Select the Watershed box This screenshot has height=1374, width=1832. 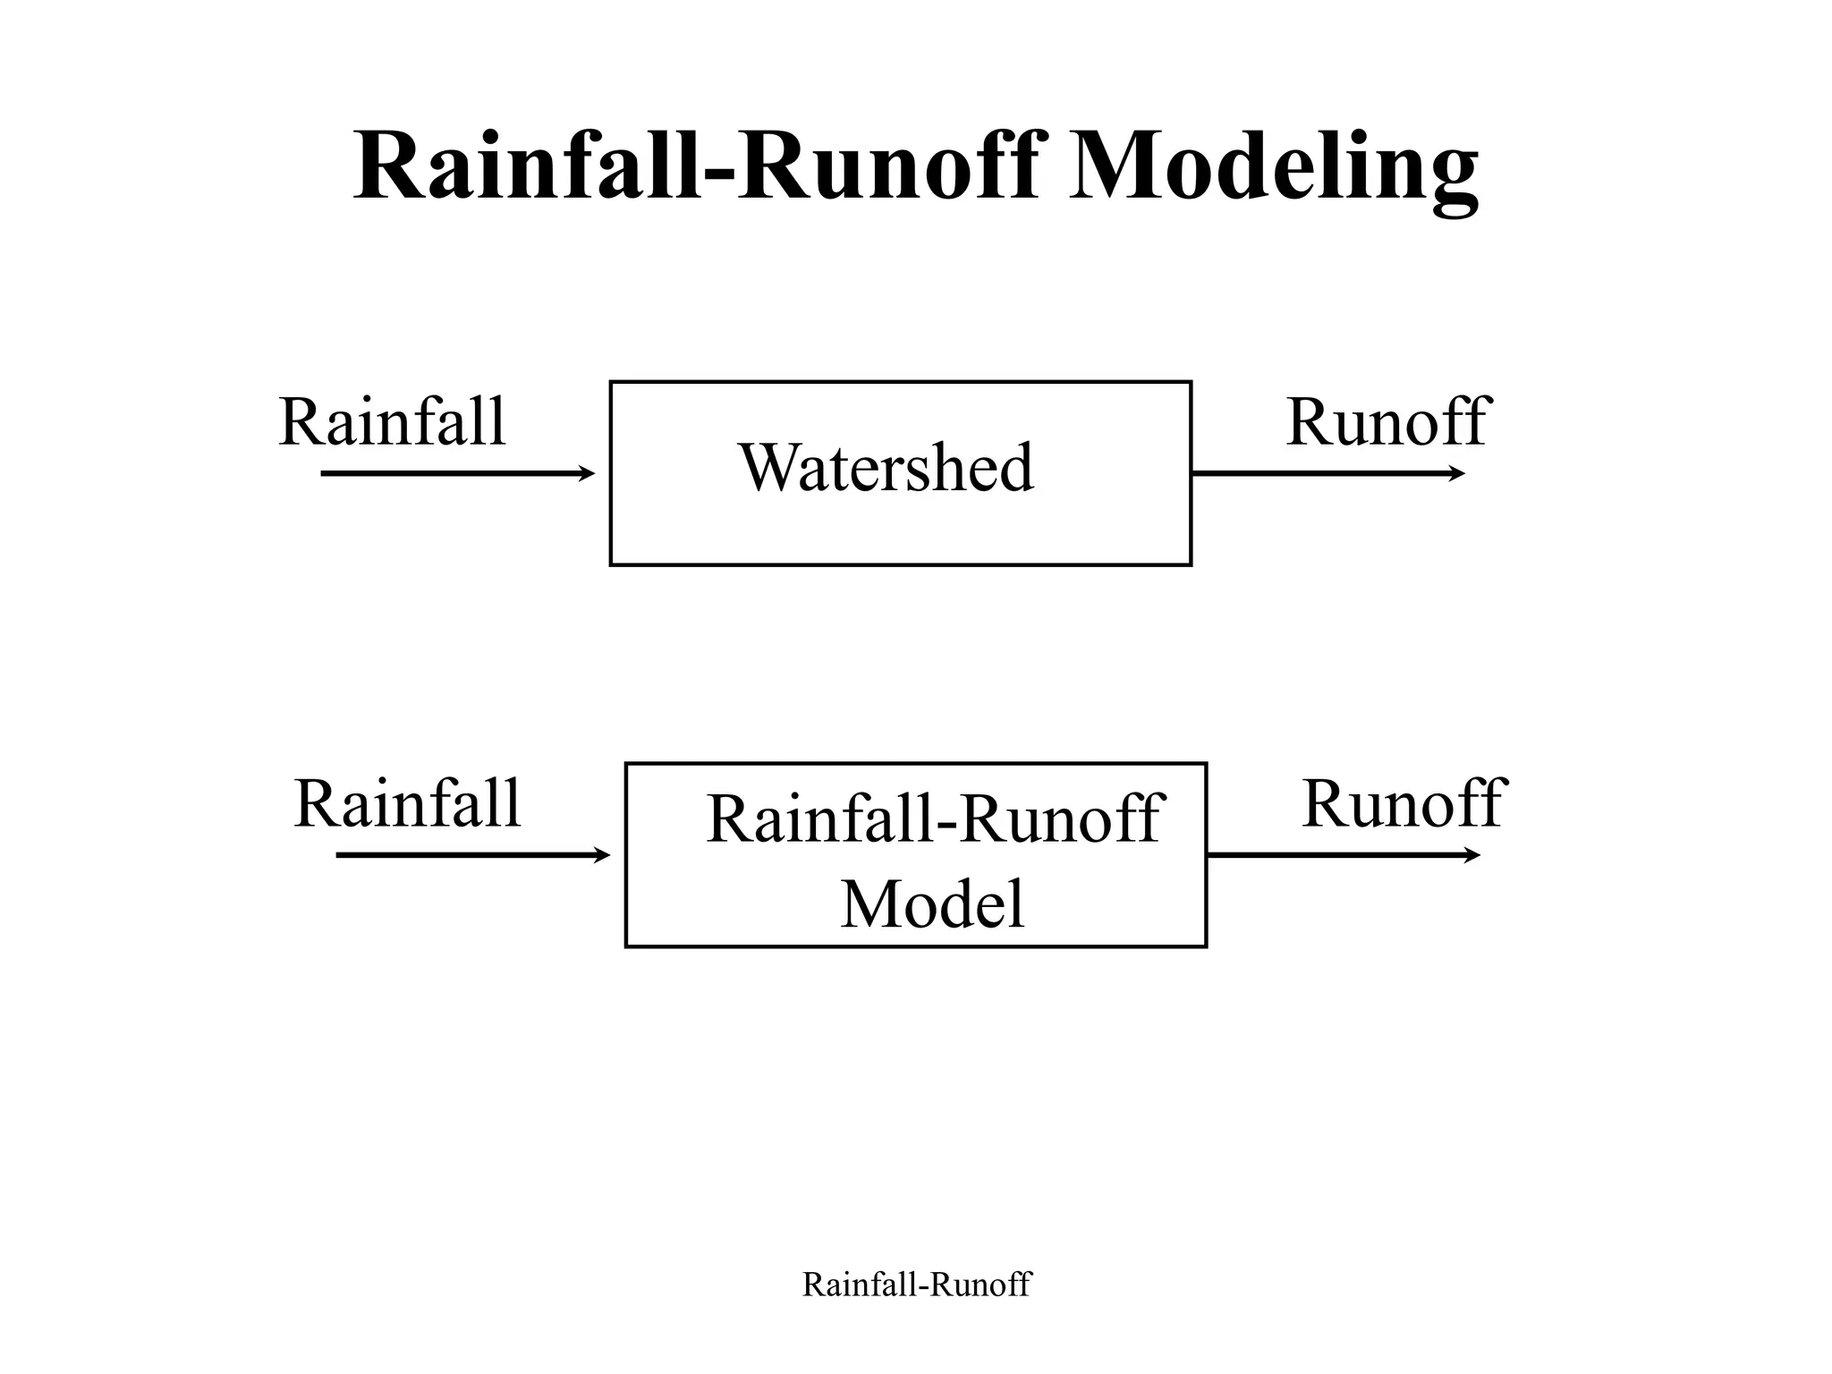point(900,537)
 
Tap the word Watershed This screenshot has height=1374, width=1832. point(886,468)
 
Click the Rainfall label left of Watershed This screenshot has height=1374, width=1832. point(392,422)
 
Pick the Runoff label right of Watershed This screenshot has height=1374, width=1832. point(1386,422)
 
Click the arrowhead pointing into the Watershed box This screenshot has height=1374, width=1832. point(587,473)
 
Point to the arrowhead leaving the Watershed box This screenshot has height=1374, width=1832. point(1457,473)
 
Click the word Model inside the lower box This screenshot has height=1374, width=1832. point(932,904)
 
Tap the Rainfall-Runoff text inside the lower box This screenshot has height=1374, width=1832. point(933,818)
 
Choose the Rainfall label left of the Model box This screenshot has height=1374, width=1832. point(407,804)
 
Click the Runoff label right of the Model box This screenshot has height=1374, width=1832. point(1403,804)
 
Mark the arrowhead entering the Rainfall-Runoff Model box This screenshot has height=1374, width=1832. point(602,856)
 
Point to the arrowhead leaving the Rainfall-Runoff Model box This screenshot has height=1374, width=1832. point(1472,856)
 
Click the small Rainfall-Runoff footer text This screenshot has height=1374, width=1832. point(916,1285)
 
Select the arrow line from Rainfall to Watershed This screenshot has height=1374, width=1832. point(447,473)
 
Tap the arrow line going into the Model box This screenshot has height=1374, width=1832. point(465,856)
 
